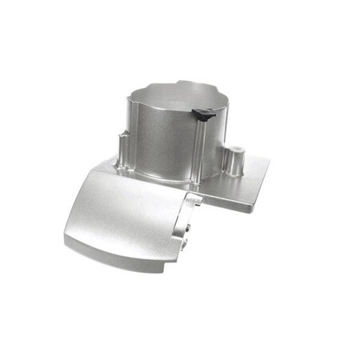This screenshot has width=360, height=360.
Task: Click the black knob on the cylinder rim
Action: point(206,116)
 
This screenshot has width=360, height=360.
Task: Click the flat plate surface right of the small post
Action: point(252,172)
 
